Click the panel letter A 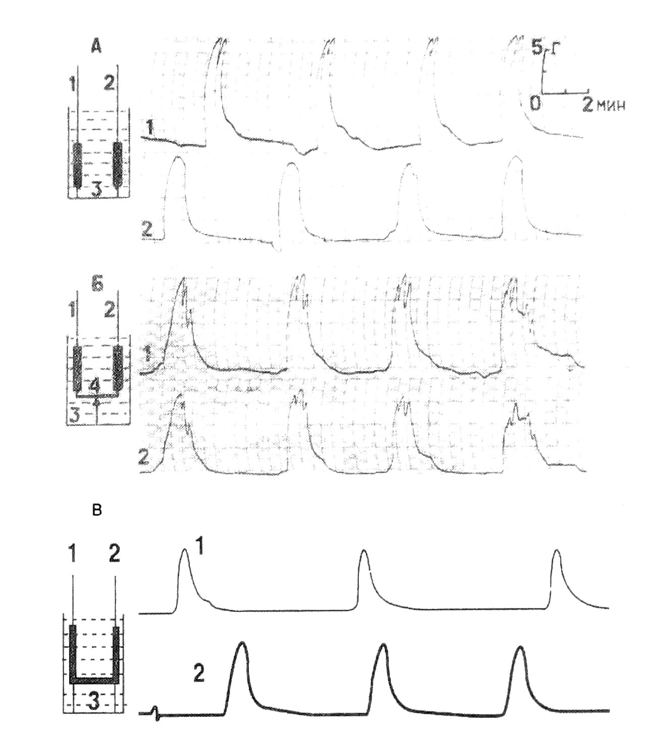tap(96, 47)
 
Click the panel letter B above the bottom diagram tap(97, 510)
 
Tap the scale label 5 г tap(545, 48)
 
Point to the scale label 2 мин tap(604, 105)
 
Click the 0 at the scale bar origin tap(536, 103)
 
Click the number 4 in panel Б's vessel tap(95, 386)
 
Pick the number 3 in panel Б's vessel tap(75, 415)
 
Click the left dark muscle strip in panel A tap(77, 164)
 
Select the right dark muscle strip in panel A tap(117, 164)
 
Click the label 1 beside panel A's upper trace tap(150, 127)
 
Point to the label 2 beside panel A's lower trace tap(147, 229)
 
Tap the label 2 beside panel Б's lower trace tap(144, 457)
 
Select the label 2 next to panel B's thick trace tap(199, 674)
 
